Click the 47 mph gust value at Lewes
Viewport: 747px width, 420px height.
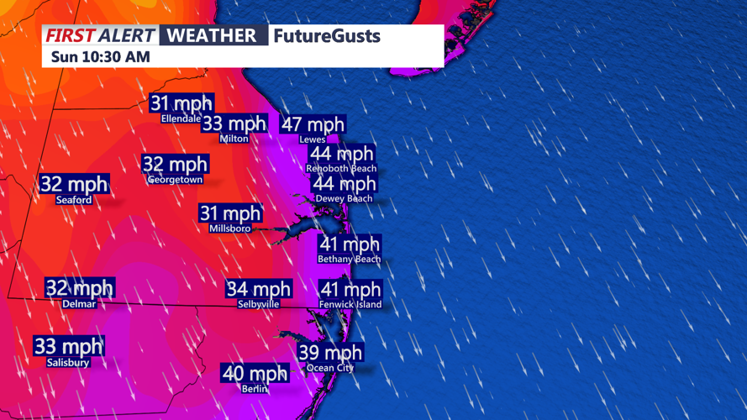coord(313,124)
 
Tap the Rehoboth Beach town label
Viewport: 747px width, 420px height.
coord(341,169)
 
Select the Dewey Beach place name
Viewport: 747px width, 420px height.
coord(344,198)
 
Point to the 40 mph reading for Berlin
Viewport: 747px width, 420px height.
coord(255,372)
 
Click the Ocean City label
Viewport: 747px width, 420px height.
coord(330,368)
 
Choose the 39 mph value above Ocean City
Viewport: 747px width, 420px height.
coord(331,352)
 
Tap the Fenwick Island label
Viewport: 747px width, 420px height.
coord(350,304)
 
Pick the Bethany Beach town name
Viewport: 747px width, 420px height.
coord(350,260)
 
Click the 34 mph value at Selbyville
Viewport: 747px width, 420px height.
coord(259,289)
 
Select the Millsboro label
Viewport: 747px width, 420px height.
coord(230,228)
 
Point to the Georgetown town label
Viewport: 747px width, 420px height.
coord(175,180)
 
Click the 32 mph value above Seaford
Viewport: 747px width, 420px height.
coord(74,184)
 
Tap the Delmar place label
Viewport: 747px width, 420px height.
coord(79,304)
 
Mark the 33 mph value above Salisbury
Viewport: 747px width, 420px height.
coord(68,346)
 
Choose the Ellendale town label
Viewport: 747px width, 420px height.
coord(181,119)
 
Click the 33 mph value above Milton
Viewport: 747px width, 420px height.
coord(234,124)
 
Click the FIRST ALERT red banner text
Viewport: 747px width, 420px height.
coord(100,35)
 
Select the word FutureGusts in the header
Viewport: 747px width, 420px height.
coord(327,36)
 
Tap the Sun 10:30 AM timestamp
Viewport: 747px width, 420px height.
coord(101,57)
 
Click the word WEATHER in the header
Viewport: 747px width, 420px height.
coord(211,35)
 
